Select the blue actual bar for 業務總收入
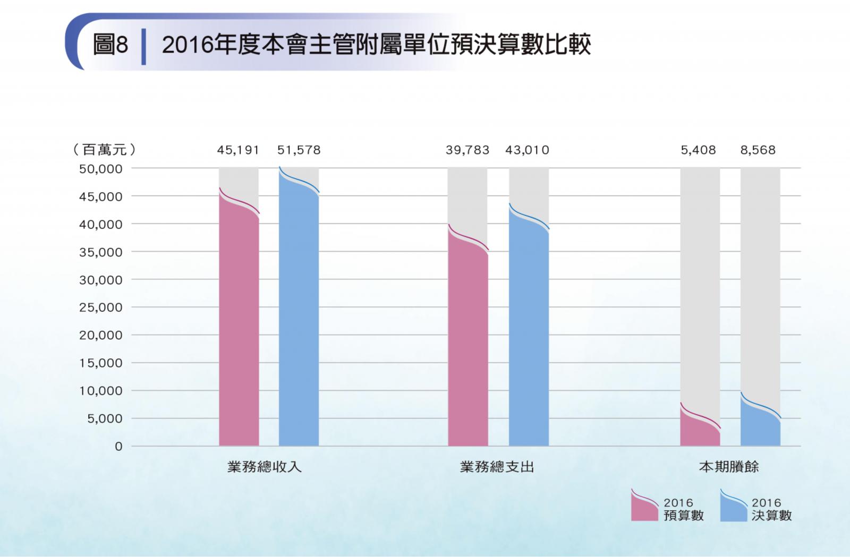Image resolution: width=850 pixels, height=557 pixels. (x=299, y=319)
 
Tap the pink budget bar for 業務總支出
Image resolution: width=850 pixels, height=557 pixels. (x=467, y=345)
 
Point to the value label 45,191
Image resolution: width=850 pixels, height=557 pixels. (x=238, y=150)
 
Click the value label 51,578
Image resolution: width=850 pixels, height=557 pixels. (x=299, y=150)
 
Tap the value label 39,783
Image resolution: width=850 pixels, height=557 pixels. (x=467, y=150)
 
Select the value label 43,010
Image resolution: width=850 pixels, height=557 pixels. (x=527, y=150)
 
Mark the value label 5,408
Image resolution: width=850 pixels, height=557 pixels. (x=698, y=150)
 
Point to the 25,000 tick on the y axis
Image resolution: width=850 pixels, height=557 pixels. (x=101, y=307)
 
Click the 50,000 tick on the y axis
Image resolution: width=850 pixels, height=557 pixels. (x=101, y=169)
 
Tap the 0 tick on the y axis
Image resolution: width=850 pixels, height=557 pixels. (x=118, y=447)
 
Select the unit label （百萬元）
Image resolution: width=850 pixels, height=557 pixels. (x=104, y=150)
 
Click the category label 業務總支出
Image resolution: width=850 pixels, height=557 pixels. (x=497, y=467)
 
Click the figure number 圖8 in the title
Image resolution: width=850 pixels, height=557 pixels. (x=110, y=45)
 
